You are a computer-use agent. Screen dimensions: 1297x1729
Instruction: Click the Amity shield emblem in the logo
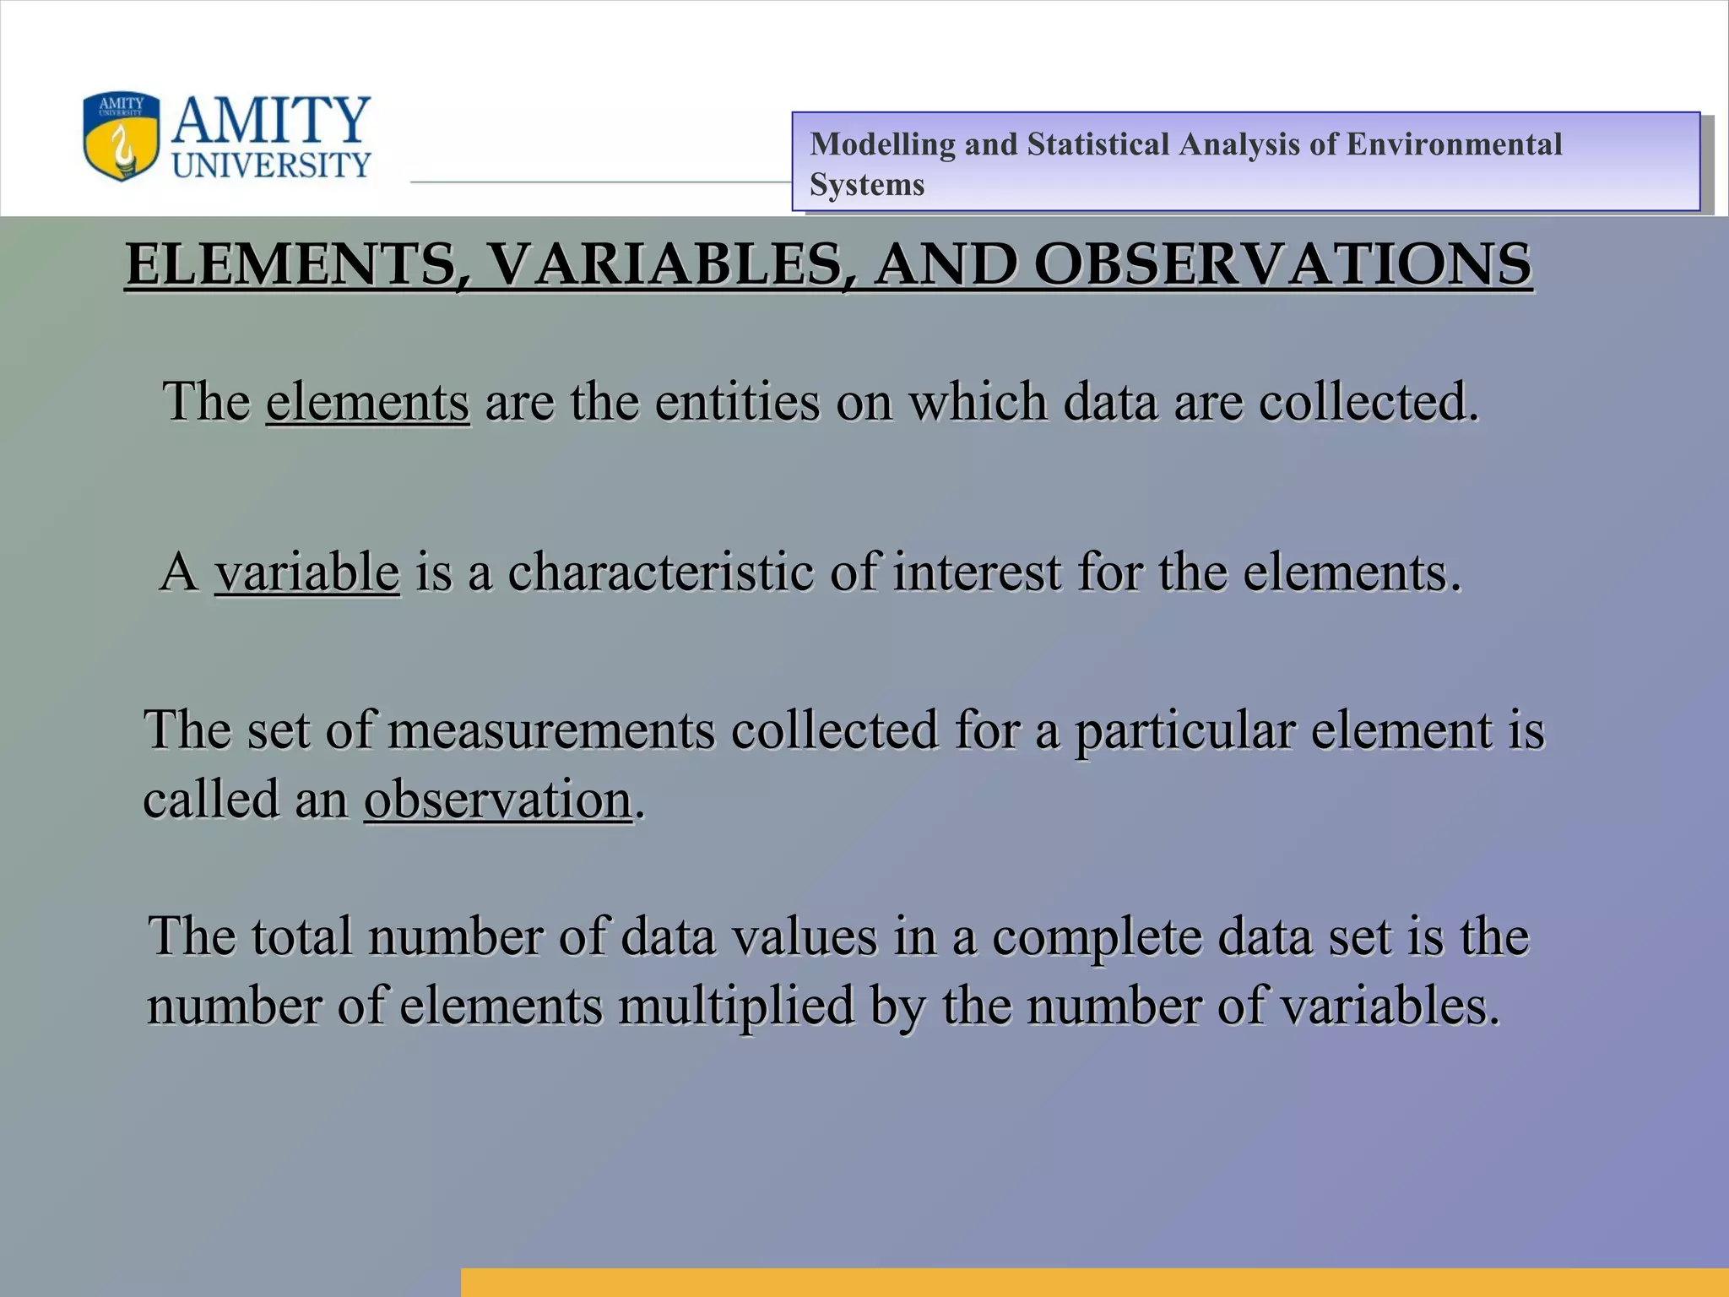tap(121, 136)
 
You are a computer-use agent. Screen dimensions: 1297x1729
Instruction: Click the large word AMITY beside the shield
tap(271, 120)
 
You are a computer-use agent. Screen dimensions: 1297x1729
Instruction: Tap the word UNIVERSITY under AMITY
tap(271, 165)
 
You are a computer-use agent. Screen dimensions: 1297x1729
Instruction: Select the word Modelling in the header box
tap(882, 144)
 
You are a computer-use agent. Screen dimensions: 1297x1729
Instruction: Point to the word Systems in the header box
tap(867, 185)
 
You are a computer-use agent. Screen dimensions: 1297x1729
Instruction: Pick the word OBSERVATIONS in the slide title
tap(1282, 264)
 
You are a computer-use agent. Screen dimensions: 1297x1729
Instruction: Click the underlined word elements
tap(367, 401)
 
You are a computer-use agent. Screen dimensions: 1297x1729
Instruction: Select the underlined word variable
tap(306, 572)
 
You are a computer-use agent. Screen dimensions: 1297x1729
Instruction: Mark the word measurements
tap(550, 730)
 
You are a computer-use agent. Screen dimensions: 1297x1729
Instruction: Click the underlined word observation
tap(498, 799)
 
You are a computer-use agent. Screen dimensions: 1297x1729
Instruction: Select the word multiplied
tap(735, 1006)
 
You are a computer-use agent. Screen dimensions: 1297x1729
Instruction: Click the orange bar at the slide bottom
tap(1094, 1282)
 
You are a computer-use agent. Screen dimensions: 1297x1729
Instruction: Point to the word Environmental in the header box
tap(1454, 144)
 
